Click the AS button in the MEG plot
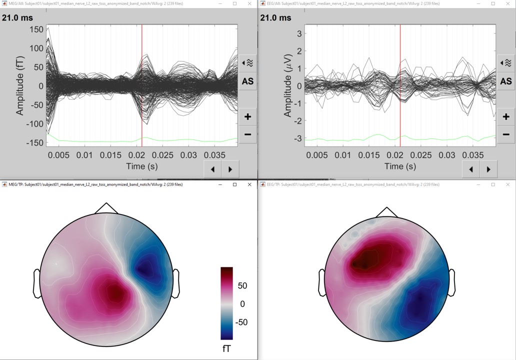(x=247, y=81)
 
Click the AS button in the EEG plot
(x=506, y=81)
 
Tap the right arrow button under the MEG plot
(x=230, y=169)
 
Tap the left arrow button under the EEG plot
(x=471, y=169)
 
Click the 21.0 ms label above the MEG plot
(x=17, y=18)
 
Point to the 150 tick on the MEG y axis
(x=36, y=29)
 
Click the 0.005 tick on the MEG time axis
(x=58, y=155)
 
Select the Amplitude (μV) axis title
(x=287, y=86)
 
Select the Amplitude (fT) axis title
(x=20, y=86)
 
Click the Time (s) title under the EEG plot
(x=400, y=166)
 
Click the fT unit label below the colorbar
(x=226, y=347)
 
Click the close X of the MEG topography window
(x=249, y=184)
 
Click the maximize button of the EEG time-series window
(x=493, y=3)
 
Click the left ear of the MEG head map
(x=36, y=283)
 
